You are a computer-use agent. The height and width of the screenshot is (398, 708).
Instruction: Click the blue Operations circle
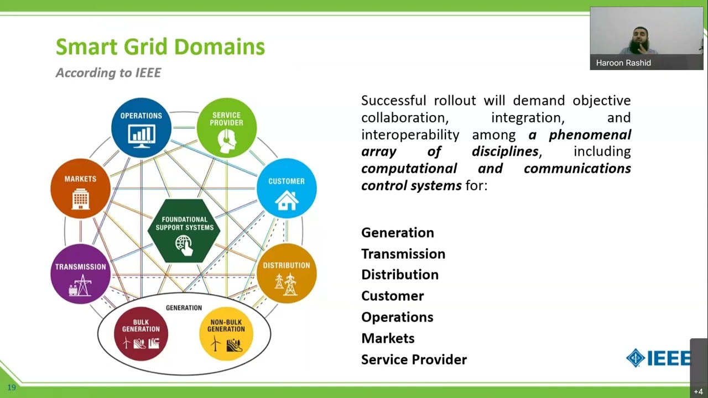click(141, 128)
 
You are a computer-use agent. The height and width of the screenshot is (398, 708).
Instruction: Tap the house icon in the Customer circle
click(287, 200)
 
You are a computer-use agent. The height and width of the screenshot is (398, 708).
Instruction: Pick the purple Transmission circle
click(80, 274)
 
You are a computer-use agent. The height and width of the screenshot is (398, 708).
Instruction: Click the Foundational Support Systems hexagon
click(184, 231)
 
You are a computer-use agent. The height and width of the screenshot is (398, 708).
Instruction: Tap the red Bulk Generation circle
click(140, 334)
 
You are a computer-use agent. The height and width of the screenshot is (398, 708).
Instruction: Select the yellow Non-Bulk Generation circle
click(226, 334)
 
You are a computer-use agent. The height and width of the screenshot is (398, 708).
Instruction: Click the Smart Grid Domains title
click(160, 47)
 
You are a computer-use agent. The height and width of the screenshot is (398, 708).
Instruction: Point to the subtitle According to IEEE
click(108, 73)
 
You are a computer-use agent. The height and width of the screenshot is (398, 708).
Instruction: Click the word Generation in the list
click(397, 233)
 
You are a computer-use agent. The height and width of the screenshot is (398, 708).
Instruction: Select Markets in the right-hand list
click(388, 338)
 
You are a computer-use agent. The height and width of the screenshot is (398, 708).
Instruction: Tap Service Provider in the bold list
click(414, 360)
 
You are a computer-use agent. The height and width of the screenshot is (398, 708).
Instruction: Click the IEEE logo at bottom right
click(658, 358)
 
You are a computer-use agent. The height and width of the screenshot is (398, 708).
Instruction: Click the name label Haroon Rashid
click(623, 63)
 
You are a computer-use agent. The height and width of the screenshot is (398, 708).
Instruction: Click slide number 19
click(12, 387)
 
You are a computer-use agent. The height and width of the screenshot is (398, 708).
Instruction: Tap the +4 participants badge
click(698, 391)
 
